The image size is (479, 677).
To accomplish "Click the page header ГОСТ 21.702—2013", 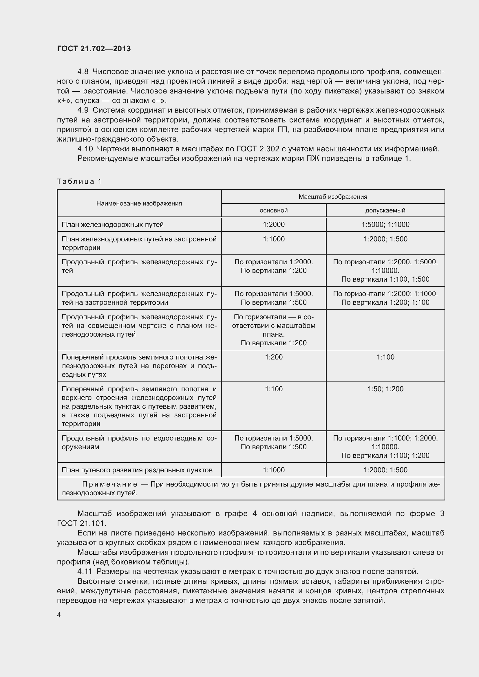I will click(94, 49).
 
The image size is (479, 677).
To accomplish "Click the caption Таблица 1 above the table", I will click(79, 181).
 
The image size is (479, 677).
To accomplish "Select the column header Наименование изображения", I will click(139, 203).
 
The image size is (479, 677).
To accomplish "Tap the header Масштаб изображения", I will click(333, 197).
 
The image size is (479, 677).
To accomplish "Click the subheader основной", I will click(273, 210).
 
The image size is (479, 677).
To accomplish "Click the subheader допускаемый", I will click(385, 210).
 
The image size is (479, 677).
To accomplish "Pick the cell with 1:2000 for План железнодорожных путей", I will click(274, 225).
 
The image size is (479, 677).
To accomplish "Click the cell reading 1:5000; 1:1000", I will click(385, 225).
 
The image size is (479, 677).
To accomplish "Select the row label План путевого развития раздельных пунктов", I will click(137, 470).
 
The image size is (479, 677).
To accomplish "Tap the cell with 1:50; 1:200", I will click(385, 389).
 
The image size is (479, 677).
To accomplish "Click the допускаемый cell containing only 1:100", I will click(385, 357).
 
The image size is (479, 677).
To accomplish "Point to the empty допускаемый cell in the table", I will click(385, 330).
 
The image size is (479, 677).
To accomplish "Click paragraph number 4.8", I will click(83, 72).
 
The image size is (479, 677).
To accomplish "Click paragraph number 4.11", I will click(85, 571).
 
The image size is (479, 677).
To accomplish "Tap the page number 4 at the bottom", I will click(59, 615).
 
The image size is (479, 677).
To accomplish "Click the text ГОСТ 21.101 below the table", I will click(81, 523).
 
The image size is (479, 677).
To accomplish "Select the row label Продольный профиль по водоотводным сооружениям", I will click(139, 443).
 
